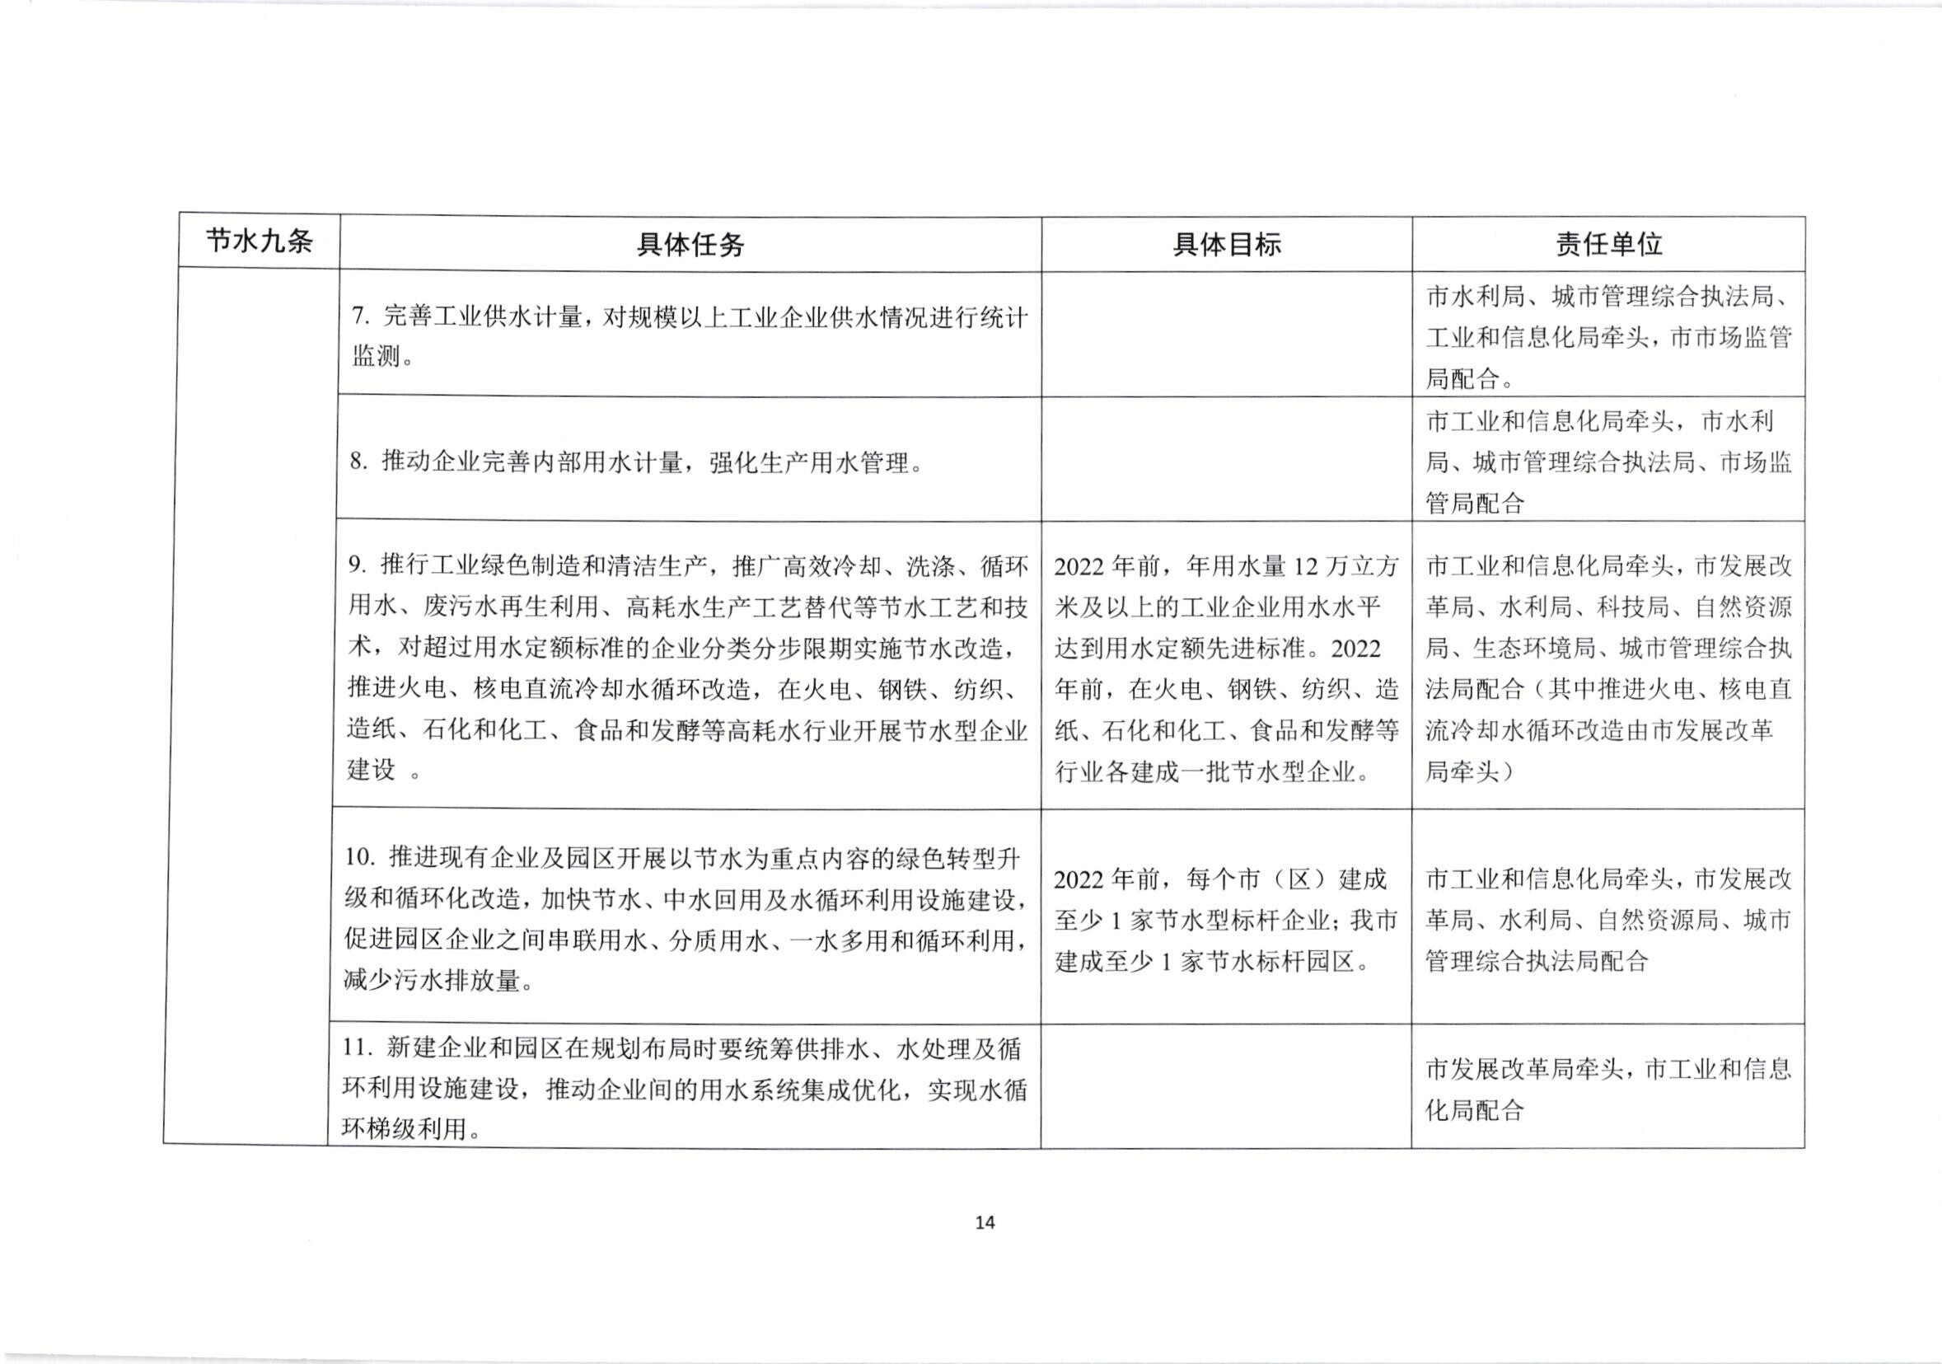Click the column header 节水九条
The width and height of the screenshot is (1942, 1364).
259,242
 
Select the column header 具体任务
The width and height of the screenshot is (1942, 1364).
690,245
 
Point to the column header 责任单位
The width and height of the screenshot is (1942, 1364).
1608,245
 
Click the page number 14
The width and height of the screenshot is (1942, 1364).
985,1222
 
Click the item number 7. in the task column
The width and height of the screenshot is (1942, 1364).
361,317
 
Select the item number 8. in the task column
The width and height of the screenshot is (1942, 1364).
359,462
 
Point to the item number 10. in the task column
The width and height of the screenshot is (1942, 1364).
359,857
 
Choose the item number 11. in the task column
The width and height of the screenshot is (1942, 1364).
357,1048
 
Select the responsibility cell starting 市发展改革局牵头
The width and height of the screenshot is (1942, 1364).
1608,1089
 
